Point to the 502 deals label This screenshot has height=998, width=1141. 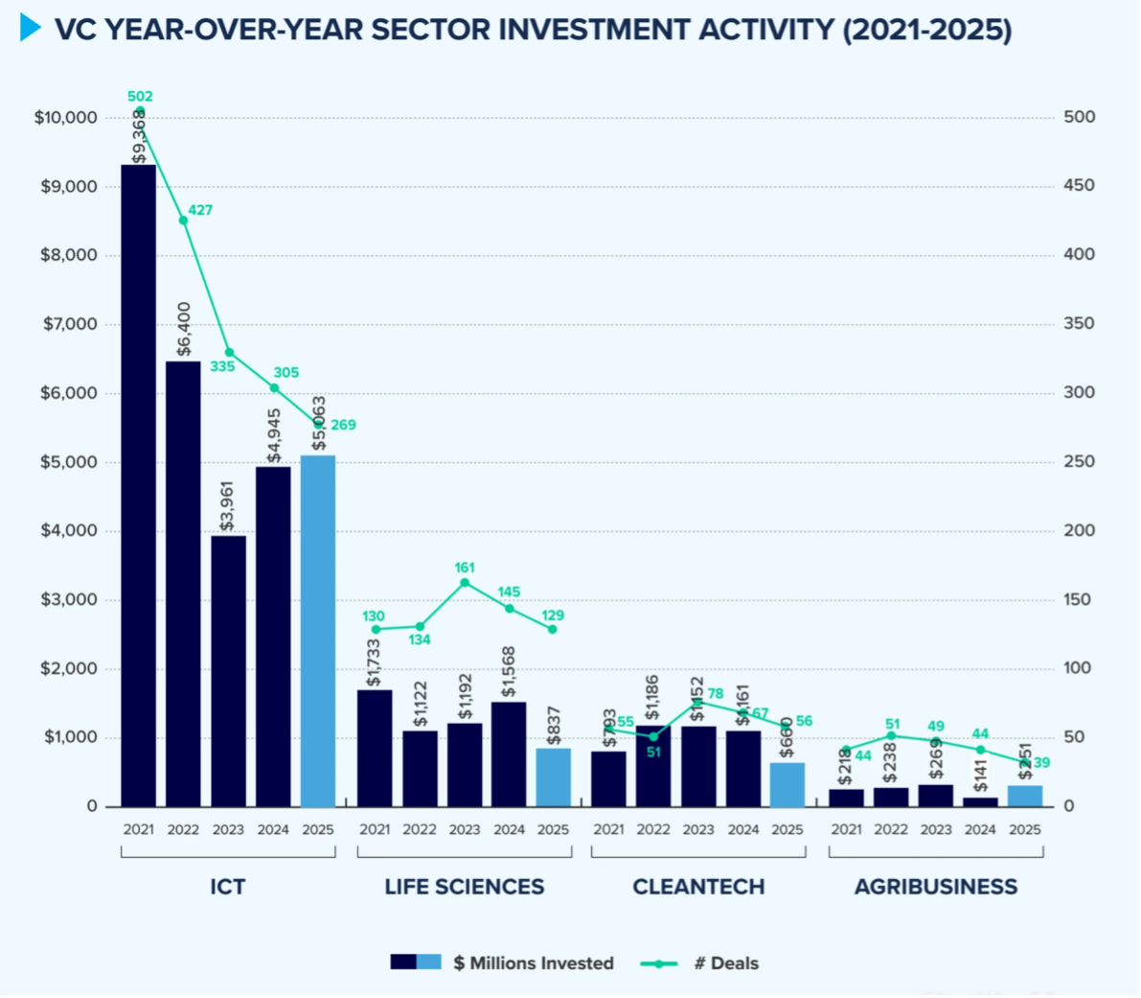[140, 96]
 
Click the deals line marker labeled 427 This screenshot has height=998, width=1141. [183, 220]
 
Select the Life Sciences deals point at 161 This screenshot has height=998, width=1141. [465, 582]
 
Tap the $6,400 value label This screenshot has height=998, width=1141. [184, 329]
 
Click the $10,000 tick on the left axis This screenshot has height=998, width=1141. [66, 117]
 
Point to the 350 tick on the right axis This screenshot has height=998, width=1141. [1079, 324]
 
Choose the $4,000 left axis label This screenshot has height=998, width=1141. [69, 531]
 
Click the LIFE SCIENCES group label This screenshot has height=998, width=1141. [465, 887]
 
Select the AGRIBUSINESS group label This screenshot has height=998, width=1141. [936, 887]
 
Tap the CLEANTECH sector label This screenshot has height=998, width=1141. [698, 887]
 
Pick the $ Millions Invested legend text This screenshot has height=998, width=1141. [533, 963]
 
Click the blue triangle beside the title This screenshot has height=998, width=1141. [31, 28]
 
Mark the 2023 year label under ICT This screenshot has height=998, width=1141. [228, 829]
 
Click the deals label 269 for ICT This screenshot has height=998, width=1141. [343, 425]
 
